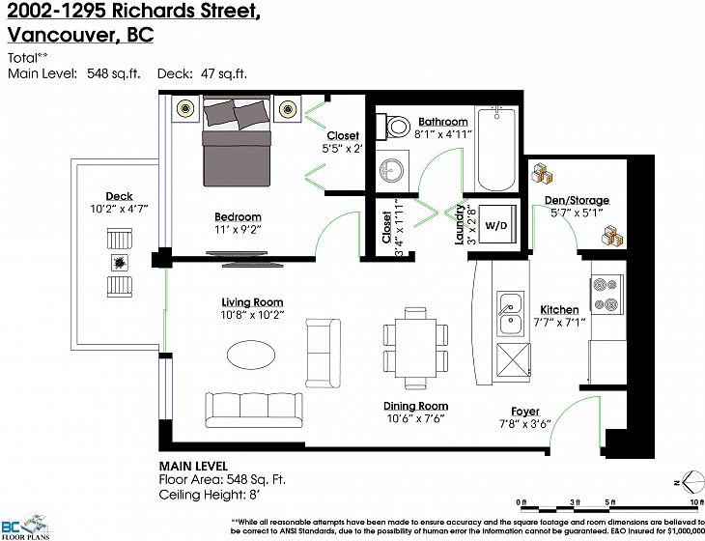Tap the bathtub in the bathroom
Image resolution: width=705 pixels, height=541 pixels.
coord(496,149)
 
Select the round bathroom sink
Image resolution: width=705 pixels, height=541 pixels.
coord(392,171)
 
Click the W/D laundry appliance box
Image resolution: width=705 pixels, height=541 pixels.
coord(496,224)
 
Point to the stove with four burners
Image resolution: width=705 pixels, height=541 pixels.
coord(606,294)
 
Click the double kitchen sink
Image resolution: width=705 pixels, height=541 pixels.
coord(510,313)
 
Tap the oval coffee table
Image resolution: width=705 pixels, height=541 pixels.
coord(250,355)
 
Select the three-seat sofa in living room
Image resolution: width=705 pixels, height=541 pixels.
coord(254,410)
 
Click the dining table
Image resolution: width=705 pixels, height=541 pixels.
coord(416,349)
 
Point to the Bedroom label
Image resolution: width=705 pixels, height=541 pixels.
coord(238,216)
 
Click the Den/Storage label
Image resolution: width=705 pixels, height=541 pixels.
coord(577,200)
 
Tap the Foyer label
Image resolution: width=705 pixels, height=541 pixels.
coord(524,411)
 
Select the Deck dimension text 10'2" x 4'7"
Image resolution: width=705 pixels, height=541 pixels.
coord(119,209)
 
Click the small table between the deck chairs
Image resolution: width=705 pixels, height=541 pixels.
coord(120,262)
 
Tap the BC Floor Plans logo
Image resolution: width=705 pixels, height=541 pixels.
coord(25,527)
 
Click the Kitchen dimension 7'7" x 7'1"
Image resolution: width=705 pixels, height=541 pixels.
coord(559,323)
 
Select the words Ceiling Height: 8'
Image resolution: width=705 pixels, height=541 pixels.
coord(210,495)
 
